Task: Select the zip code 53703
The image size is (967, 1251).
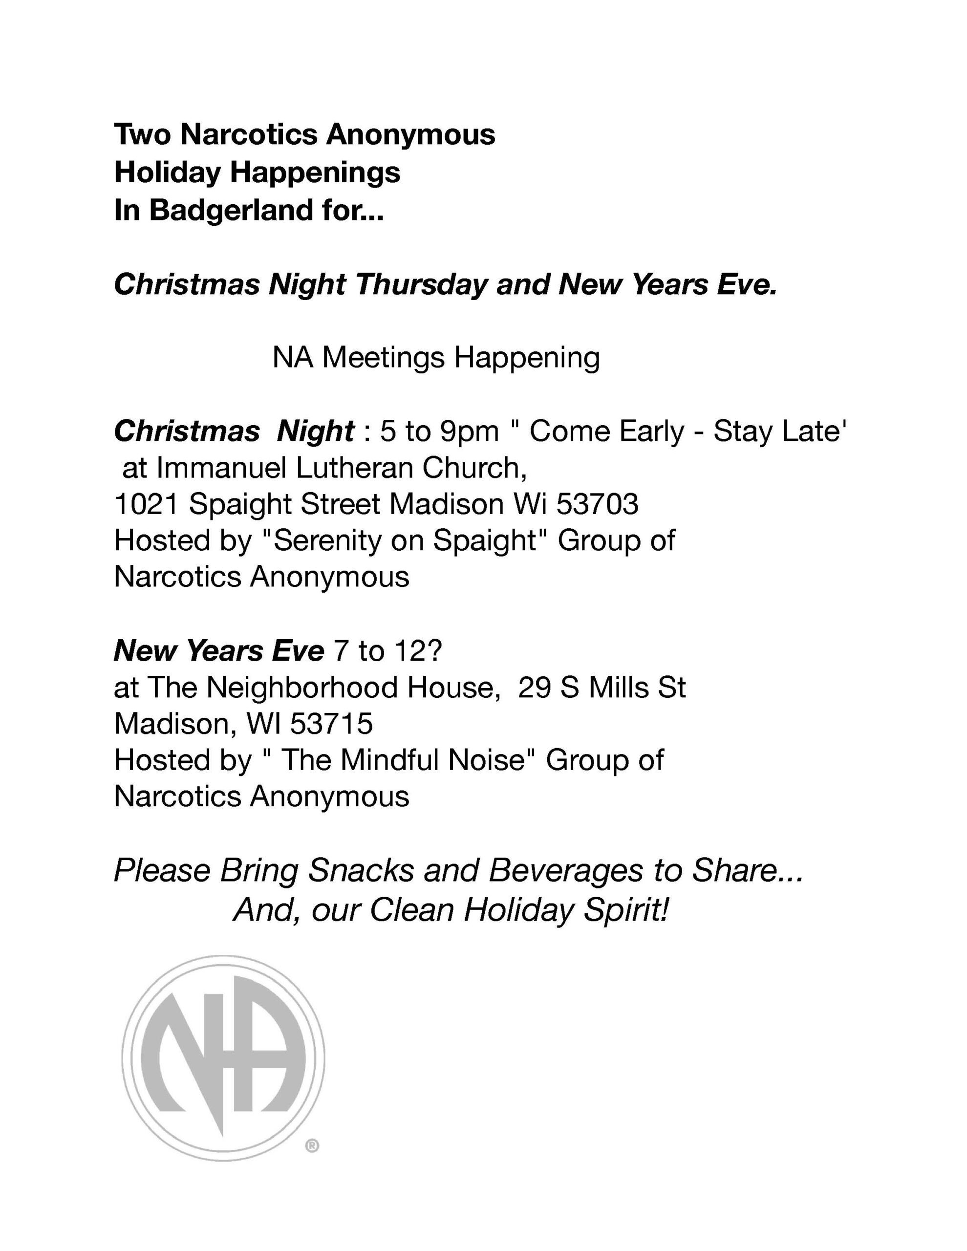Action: pyautogui.click(x=598, y=505)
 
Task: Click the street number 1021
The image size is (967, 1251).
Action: pyautogui.click(x=147, y=505)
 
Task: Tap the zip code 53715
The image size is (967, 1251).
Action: pyautogui.click(x=332, y=724)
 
